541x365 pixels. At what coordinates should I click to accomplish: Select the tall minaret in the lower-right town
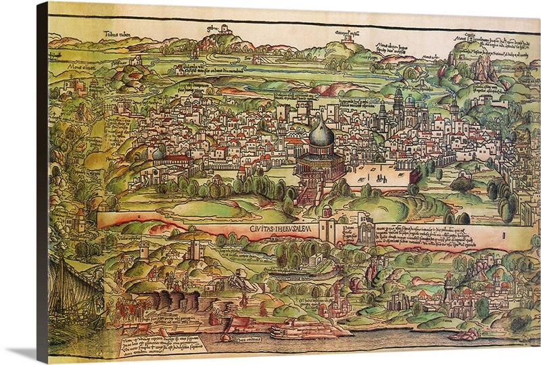tap(447, 291)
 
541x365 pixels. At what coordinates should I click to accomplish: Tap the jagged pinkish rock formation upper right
tap(483, 68)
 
